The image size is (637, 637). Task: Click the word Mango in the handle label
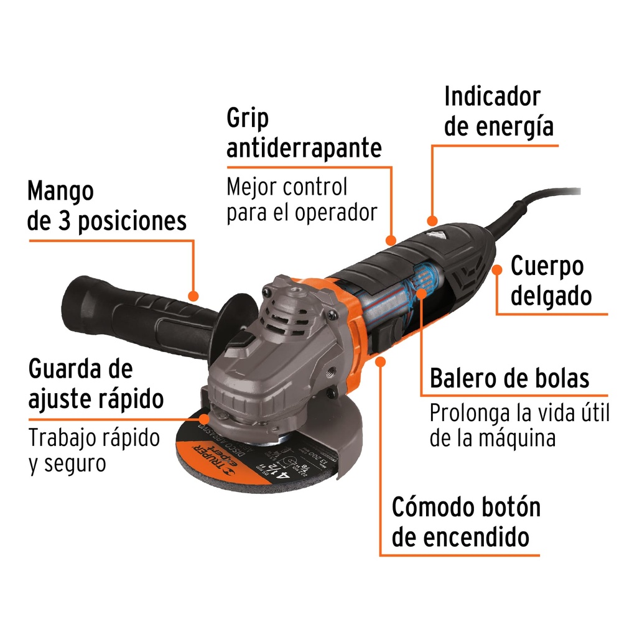pos(60,192)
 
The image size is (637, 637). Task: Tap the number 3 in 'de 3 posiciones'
pos(67,221)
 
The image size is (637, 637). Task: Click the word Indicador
pos(492,97)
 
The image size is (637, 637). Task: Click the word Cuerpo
pos(547,267)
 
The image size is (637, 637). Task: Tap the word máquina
pos(517,438)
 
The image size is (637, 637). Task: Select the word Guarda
pos(64,369)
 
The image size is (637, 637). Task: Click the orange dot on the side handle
pos(193,296)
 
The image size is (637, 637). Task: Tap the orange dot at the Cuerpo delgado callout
pos(497,269)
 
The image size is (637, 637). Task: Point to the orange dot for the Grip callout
pos(391,239)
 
